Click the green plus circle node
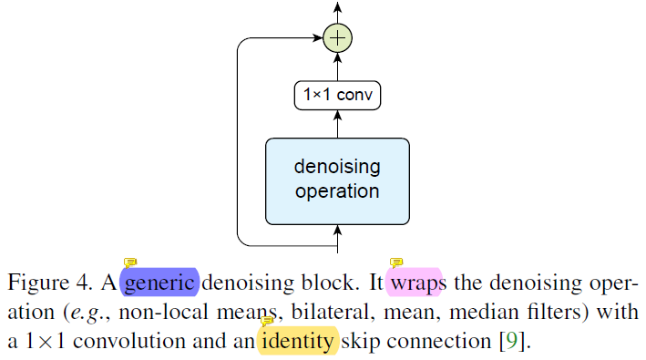click(338, 39)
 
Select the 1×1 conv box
click(337, 95)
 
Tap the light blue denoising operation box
click(337, 180)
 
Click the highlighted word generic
click(159, 283)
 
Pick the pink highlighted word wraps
click(415, 283)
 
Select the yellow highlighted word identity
click(298, 343)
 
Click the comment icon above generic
click(130, 264)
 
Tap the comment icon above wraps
click(396, 264)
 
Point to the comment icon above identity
click(267, 322)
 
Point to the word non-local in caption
click(157, 313)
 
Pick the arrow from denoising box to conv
click(338, 123)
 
